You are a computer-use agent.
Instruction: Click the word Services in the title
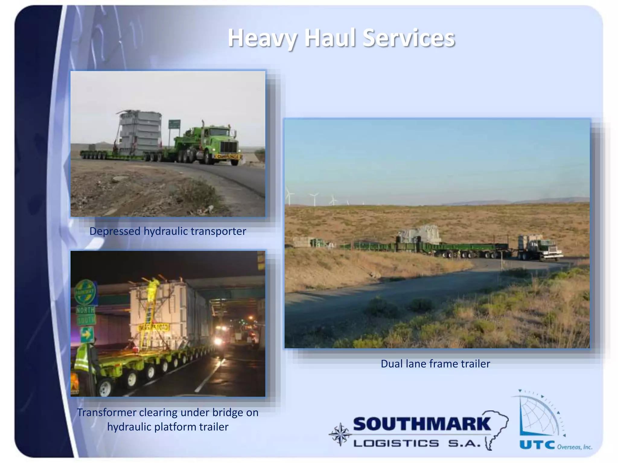coord(409,38)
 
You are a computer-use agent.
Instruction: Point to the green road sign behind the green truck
coord(174,124)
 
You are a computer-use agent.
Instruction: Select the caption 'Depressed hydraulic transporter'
coord(168,231)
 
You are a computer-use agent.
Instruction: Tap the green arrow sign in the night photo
coord(87,334)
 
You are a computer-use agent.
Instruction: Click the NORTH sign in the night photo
coord(85,310)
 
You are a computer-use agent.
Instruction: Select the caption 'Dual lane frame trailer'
coord(435,364)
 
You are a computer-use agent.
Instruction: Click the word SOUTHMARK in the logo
coord(422,424)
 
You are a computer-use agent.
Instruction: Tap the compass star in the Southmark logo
coord(340,434)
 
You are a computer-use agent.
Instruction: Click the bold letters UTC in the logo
coord(537,445)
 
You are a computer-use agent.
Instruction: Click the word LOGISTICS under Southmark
coord(396,443)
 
